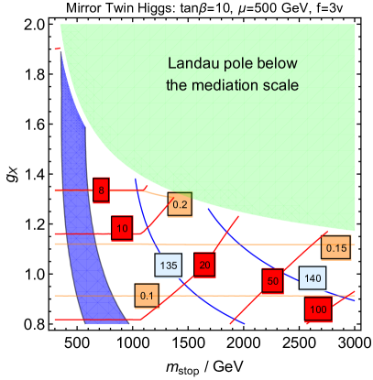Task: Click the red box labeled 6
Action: coord(101,190)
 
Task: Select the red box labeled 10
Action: coord(122,227)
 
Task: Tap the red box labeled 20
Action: coord(204,266)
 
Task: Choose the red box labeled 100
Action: coord(317,309)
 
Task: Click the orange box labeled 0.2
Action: coord(180,205)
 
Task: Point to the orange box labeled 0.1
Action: coord(147,296)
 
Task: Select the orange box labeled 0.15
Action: coord(336,247)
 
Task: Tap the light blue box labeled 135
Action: coord(169,266)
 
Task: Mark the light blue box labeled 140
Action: coord(313,277)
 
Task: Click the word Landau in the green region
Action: coord(190,64)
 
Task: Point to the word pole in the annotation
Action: coord(232,64)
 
